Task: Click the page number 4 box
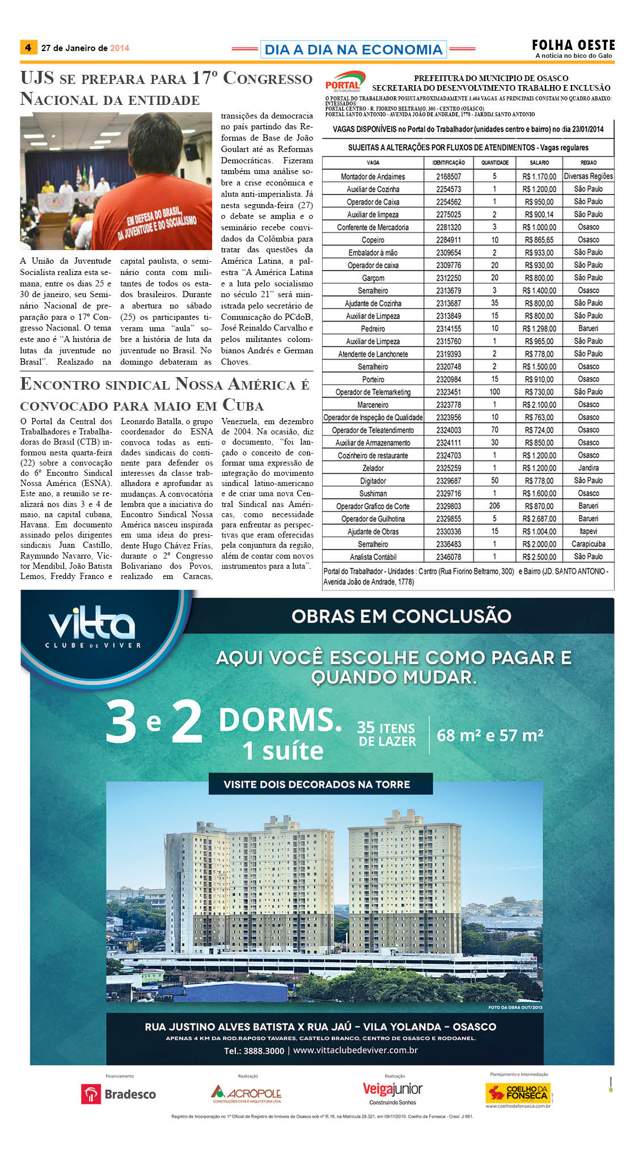[28, 48]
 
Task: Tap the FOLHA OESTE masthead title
[573, 45]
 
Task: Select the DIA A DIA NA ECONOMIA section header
[353, 49]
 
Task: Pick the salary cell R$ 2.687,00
[539, 519]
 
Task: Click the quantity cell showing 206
[494, 506]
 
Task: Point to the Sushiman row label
[373, 493]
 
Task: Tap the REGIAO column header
[589, 163]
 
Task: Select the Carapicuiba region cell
[589, 544]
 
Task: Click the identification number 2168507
[448, 176]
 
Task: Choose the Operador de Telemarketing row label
[373, 392]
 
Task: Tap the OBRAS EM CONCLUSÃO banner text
[401, 616]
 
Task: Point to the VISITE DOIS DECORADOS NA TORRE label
[317, 784]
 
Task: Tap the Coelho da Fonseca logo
[518, 1092]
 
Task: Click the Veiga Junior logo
[392, 1090]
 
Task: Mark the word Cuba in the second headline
[243, 405]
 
